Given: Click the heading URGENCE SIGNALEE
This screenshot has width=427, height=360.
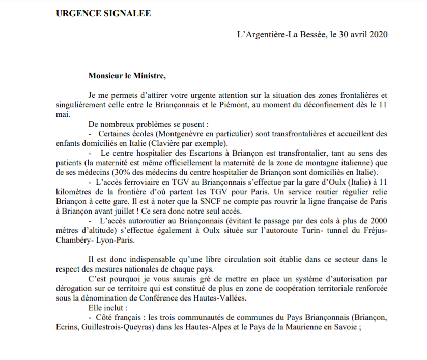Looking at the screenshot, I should (103, 13).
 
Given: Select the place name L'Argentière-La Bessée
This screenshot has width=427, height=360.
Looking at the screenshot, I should (281, 35).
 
